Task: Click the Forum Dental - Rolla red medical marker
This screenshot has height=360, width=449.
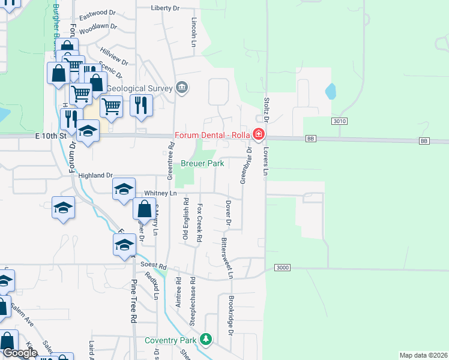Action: [x=259, y=134]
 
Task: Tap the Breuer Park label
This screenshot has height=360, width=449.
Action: [x=203, y=163]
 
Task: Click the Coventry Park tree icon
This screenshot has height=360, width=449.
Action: [x=206, y=340]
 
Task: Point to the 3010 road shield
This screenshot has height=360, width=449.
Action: [x=340, y=121]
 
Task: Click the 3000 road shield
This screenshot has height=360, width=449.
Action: [x=283, y=267]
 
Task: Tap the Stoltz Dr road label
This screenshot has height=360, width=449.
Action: [x=265, y=108]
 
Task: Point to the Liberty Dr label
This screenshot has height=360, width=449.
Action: [x=165, y=8]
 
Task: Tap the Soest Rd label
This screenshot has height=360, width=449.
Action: [x=153, y=265]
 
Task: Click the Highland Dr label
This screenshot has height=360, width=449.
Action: [x=96, y=175]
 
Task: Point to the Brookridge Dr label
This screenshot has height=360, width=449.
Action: [x=231, y=314]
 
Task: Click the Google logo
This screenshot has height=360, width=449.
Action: [x=20, y=353]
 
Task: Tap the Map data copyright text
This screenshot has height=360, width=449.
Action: [x=423, y=355]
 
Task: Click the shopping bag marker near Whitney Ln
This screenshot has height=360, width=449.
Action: [x=144, y=209]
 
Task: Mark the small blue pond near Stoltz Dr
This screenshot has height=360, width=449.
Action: [x=330, y=91]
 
